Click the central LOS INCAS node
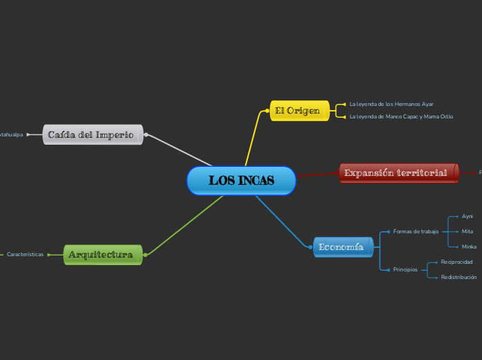[x=241, y=181]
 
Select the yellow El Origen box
[x=297, y=111]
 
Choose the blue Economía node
[x=342, y=247]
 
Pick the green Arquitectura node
[x=102, y=255]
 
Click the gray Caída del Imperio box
[x=92, y=134]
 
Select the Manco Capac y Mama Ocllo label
[x=401, y=116]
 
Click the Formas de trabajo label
[x=416, y=231]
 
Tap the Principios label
[x=405, y=270]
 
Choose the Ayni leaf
[x=467, y=217]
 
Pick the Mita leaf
[x=467, y=231]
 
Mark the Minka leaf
[x=469, y=246]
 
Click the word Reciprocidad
[x=456, y=262]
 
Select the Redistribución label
[x=458, y=277]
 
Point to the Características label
[x=25, y=255]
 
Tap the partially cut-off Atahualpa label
[x=10, y=134]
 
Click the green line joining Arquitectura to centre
[x=184, y=225]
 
